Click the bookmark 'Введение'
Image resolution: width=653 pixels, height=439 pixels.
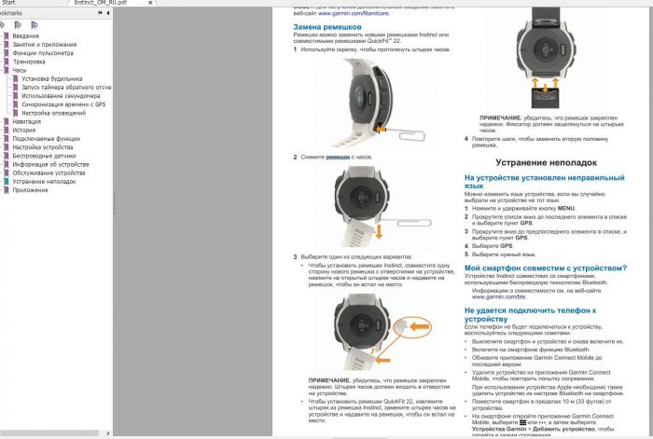(x=26, y=35)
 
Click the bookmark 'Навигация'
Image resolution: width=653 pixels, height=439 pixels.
(x=27, y=121)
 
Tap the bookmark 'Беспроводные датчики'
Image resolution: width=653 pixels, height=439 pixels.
(x=45, y=156)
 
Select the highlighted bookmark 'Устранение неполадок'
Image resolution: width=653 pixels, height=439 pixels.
(x=45, y=182)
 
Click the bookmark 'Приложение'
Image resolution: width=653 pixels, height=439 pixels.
(x=31, y=190)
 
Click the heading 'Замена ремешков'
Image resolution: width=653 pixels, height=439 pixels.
(x=321, y=28)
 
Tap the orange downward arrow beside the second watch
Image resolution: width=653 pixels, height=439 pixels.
(x=380, y=225)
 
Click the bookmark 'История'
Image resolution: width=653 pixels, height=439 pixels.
(x=24, y=130)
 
